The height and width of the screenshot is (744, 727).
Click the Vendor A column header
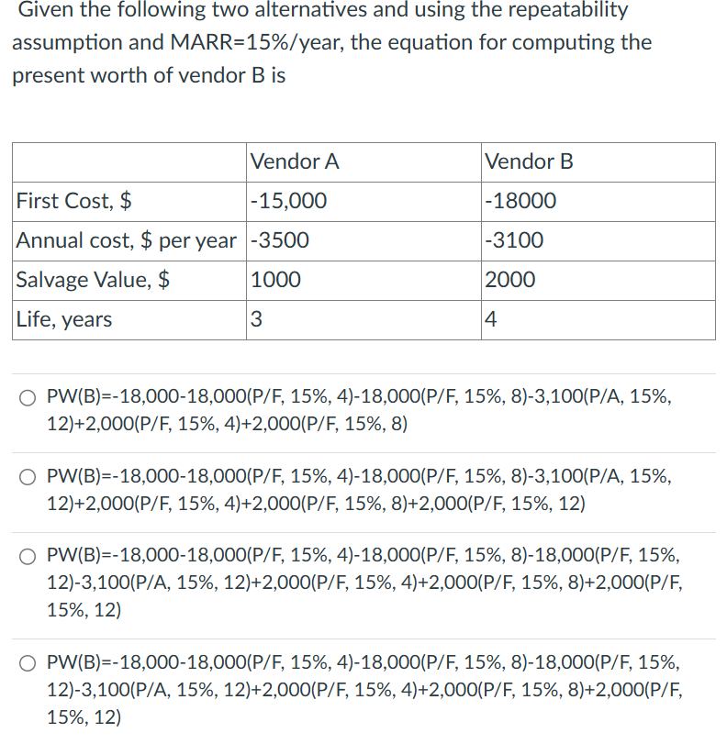point(295,162)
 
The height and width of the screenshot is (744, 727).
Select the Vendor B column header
point(529,162)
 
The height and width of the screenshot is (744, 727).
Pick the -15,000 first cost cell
point(288,201)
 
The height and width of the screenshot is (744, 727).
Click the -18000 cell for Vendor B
point(520,201)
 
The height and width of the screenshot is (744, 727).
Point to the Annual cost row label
point(127,240)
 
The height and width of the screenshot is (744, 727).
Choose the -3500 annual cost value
point(280,240)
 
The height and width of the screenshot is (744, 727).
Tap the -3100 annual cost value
point(514,240)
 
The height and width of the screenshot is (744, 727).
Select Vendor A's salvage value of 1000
point(275,280)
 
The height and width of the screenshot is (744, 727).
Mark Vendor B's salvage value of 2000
point(510,280)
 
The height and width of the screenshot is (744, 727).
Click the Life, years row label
point(64,319)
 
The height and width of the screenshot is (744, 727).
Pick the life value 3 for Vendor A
point(256,319)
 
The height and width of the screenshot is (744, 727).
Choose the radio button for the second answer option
point(30,477)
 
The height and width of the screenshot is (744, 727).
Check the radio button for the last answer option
point(30,661)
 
